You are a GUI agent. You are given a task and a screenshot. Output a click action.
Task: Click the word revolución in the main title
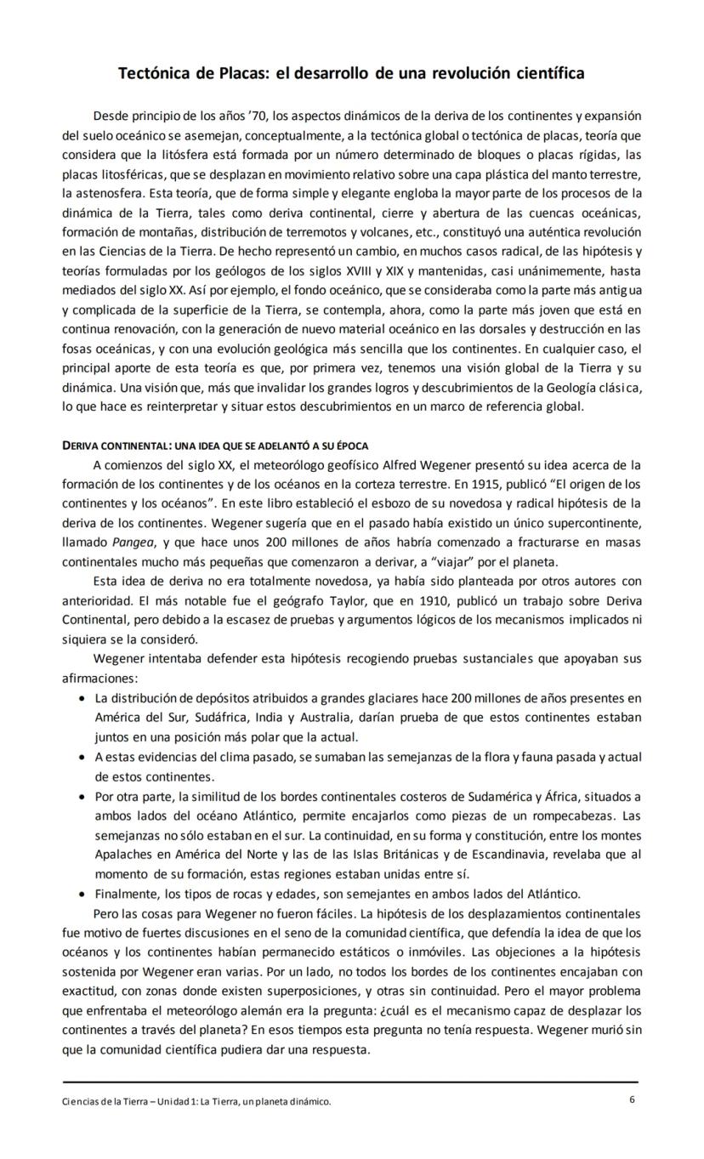click(x=472, y=73)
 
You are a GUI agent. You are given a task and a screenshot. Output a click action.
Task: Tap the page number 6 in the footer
click(x=632, y=1099)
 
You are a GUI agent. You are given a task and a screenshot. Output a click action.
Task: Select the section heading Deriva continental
click(x=116, y=446)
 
